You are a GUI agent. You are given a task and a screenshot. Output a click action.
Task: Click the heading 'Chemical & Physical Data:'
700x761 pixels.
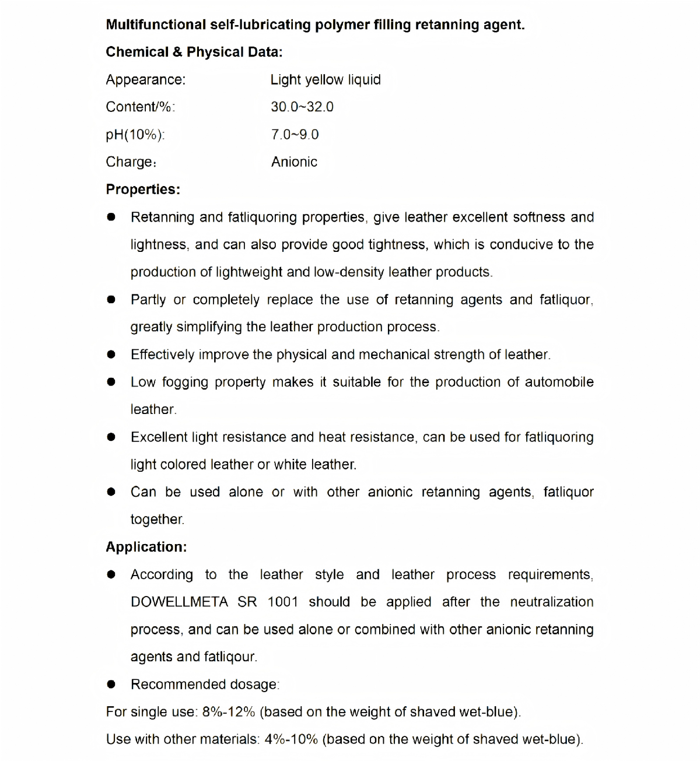click(194, 52)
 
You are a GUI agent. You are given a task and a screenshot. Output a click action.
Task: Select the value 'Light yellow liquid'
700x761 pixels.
click(325, 79)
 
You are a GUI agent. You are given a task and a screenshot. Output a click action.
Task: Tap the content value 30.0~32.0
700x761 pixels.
click(302, 107)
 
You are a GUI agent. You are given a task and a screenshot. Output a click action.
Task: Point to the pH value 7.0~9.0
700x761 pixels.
click(295, 135)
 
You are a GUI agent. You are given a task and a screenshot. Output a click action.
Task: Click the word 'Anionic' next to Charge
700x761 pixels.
click(294, 162)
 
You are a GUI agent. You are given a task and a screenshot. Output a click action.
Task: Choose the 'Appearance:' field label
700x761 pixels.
click(145, 79)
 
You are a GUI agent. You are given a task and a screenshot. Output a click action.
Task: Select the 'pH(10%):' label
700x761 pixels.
click(135, 135)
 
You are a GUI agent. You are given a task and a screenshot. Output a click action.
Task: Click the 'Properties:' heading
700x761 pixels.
click(143, 190)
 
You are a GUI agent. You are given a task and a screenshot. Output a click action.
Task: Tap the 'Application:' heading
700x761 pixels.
click(146, 547)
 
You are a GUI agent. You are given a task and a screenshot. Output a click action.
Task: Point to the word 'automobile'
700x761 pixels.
click(559, 382)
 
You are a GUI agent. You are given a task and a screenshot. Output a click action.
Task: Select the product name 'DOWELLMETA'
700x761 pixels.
click(179, 602)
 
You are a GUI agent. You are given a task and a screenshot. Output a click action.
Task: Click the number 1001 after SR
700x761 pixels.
click(282, 602)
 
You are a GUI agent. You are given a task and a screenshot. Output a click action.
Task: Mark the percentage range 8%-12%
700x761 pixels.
click(229, 712)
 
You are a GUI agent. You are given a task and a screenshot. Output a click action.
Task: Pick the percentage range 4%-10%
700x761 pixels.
click(291, 739)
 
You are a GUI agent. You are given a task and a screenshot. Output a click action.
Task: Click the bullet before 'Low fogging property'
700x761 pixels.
click(111, 382)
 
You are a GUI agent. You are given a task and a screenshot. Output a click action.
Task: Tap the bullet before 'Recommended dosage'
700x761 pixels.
click(111, 684)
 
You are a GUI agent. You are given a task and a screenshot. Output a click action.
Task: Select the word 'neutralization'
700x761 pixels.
click(551, 602)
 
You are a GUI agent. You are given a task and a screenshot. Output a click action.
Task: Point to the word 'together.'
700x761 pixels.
click(157, 520)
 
